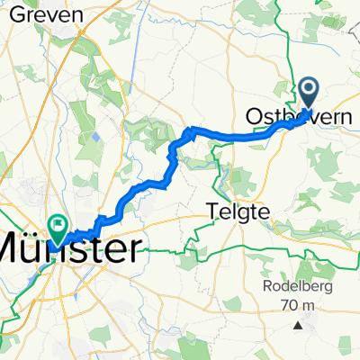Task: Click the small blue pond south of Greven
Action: pyautogui.click(x=94, y=137)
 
